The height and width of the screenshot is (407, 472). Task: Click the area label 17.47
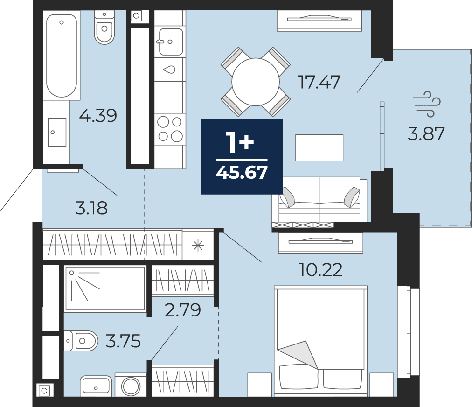coord(319,82)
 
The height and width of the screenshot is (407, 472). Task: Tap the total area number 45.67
coord(242,173)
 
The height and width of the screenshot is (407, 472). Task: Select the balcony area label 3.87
coord(426,133)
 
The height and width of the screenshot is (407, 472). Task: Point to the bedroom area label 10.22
coord(320,270)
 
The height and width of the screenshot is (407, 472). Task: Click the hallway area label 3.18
coord(91,208)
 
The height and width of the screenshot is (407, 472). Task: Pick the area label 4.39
coord(98,115)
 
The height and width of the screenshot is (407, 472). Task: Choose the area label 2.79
coord(183,310)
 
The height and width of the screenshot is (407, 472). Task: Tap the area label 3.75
coord(123,341)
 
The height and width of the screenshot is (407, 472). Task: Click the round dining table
coord(256,82)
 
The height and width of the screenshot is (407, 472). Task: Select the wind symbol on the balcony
coord(427,104)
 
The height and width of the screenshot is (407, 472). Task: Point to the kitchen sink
coord(170,42)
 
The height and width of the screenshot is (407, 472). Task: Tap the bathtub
coord(62,56)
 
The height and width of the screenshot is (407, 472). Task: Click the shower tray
coord(105,288)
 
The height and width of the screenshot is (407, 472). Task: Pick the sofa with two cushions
coord(319,199)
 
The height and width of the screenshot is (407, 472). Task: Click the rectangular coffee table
coord(319,147)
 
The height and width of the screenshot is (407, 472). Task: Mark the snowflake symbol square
coord(198,246)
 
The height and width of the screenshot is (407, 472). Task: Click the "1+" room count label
coord(240,142)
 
